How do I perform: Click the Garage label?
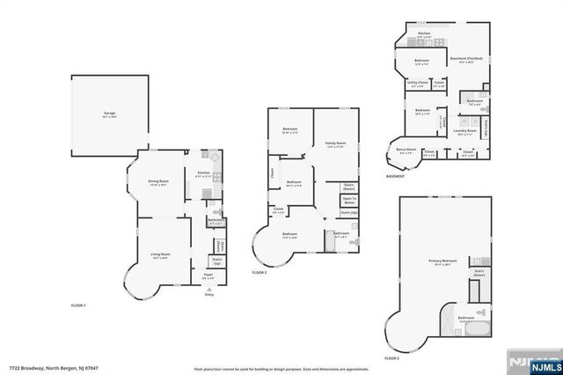pos(110,114)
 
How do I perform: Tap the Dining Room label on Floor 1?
pos(158,183)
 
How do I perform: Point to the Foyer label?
pos(208,276)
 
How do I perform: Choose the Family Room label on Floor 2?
pos(335,143)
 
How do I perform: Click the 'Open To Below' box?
pos(348,200)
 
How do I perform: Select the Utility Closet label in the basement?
pos(417,84)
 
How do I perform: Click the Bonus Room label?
pos(406,151)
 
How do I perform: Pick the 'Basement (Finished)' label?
pos(467,60)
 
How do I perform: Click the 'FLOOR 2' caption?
pos(260,274)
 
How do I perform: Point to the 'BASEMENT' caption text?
pos(396,177)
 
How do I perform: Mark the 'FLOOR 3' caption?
pos(392,359)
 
